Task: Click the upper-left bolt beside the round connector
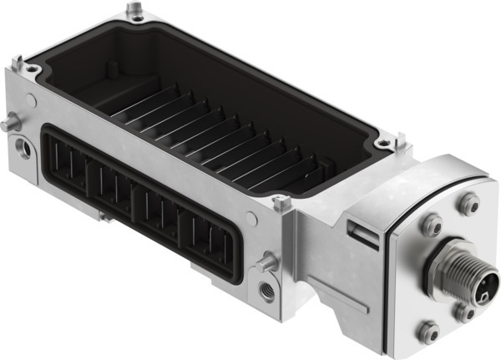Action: (x=432, y=223)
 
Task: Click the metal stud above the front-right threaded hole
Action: (x=267, y=262)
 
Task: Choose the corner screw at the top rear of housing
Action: (x=133, y=12)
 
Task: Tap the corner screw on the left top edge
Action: (x=18, y=63)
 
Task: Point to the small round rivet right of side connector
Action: (x=250, y=219)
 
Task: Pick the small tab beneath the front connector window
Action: (x=105, y=215)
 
